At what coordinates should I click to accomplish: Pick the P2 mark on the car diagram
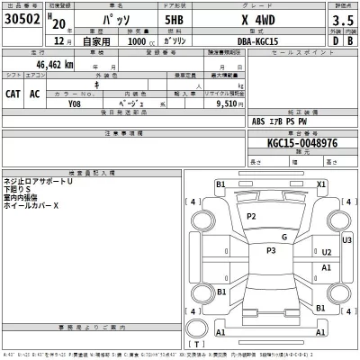click(x=252, y=217)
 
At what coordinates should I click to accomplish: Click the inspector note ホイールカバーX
click(x=31, y=206)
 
